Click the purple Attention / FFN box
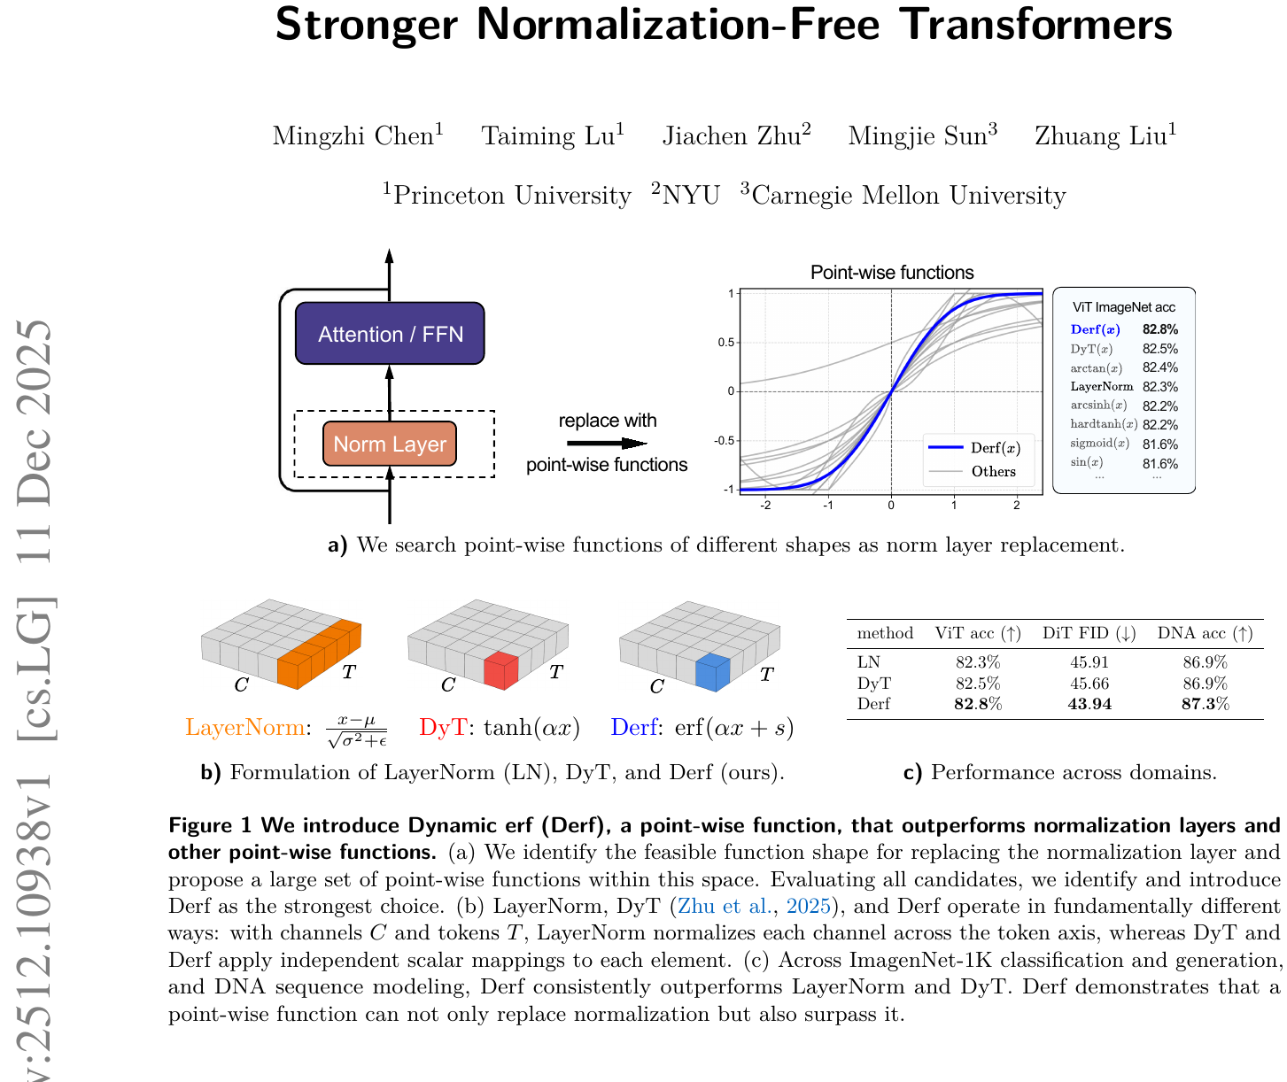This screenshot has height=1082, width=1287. tap(390, 333)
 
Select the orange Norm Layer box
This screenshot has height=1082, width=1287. tap(390, 444)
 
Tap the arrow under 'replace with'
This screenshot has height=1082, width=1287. tap(607, 443)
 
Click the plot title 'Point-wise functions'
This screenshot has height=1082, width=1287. tap(891, 273)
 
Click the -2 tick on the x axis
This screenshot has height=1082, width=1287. tap(765, 506)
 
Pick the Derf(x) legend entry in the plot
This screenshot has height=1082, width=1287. tap(974, 447)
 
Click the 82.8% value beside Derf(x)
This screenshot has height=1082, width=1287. tap(1159, 329)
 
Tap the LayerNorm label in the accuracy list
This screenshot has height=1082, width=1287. tap(1102, 386)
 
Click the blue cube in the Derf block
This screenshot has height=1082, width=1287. tap(712, 672)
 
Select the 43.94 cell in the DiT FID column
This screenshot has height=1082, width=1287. tap(1089, 704)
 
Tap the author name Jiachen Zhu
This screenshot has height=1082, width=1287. tap(737, 135)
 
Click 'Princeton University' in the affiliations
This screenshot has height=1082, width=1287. tap(512, 195)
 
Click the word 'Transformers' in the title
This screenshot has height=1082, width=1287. tap(1035, 25)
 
